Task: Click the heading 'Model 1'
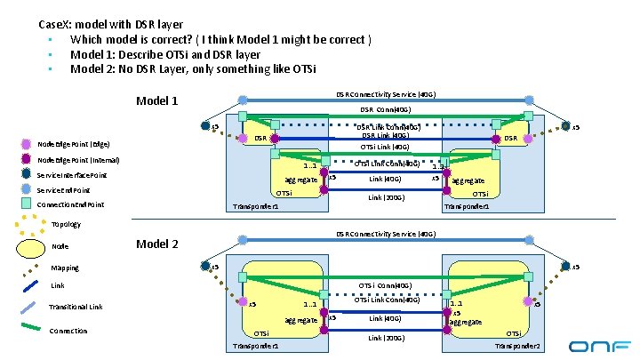click(156, 100)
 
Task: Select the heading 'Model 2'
click(156, 244)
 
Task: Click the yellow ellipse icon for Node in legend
click(28, 245)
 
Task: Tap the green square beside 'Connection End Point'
click(28, 204)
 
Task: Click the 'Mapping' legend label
click(65, 267)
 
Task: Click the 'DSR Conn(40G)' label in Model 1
click(385, 110)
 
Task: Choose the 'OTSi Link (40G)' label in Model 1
click(384, 148)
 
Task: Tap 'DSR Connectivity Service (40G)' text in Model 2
click(385, 234)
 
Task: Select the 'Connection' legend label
click(69, 331)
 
